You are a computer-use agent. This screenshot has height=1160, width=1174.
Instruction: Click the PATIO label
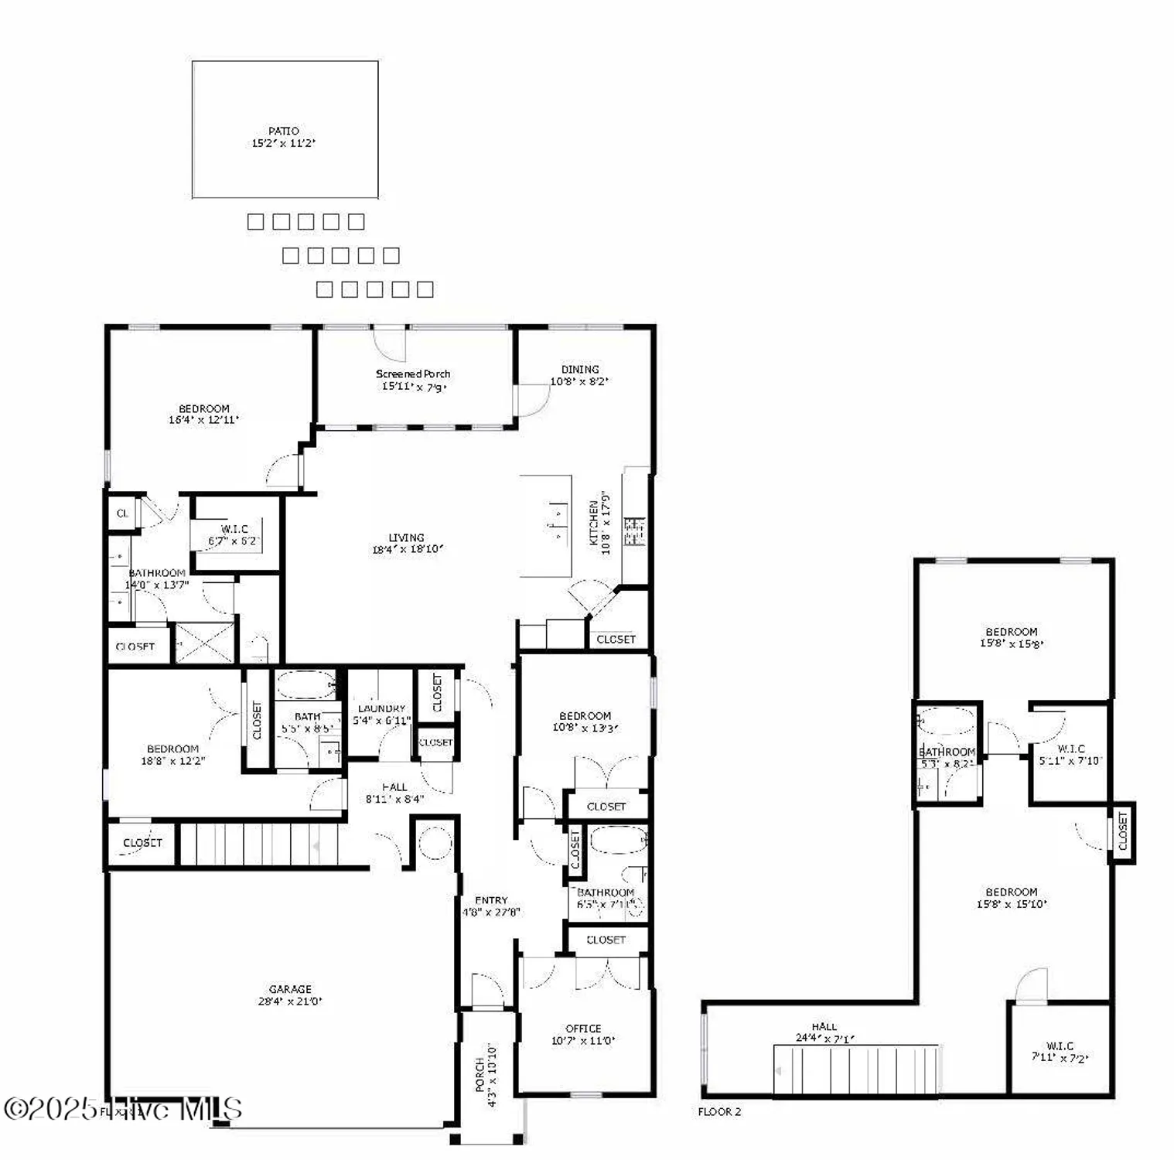(x=283, y=131)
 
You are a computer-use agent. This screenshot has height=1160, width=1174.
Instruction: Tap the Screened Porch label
(x=413, y=374)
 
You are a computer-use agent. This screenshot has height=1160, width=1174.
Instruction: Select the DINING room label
(x=580, y=370)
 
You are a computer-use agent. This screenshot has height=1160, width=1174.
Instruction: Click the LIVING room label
(x=406, y=537)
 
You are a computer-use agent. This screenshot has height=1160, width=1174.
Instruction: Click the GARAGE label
(x=290, y=989)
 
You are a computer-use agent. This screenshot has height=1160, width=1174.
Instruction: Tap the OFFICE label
(x=583, y=1029)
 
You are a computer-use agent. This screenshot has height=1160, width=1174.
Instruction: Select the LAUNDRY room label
(x=381, y=708)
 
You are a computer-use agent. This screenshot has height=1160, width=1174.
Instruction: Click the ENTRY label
(x=491, y=900)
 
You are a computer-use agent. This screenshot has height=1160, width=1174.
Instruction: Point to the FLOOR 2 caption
(x=719, y=1112)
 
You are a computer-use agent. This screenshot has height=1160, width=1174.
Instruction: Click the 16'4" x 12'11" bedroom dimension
(x=203, y=420)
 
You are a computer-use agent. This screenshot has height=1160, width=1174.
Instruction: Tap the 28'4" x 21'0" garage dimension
(x=290, y=1001)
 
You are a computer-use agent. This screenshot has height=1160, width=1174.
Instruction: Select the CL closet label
(x=122, y=513)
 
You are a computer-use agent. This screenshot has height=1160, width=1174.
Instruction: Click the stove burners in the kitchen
(x=635, y=532)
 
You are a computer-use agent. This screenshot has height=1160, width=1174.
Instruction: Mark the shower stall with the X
(x=205, y=643)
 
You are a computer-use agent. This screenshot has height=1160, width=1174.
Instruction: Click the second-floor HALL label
(x=824, y=1027)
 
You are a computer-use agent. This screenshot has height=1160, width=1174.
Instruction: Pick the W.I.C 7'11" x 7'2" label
(x=1059, y=1053)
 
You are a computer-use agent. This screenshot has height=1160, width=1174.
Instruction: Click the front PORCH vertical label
(x=479, y=1075)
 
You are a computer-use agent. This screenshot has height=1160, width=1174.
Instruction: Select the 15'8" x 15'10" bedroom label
(x=1012, y=898)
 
